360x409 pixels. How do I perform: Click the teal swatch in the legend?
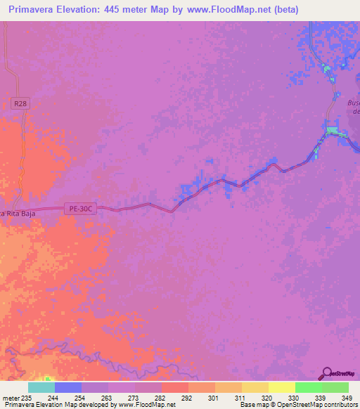click(41, 387)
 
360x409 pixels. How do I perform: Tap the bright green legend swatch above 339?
click(308, 387)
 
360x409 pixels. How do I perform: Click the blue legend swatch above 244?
click(67, 387)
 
